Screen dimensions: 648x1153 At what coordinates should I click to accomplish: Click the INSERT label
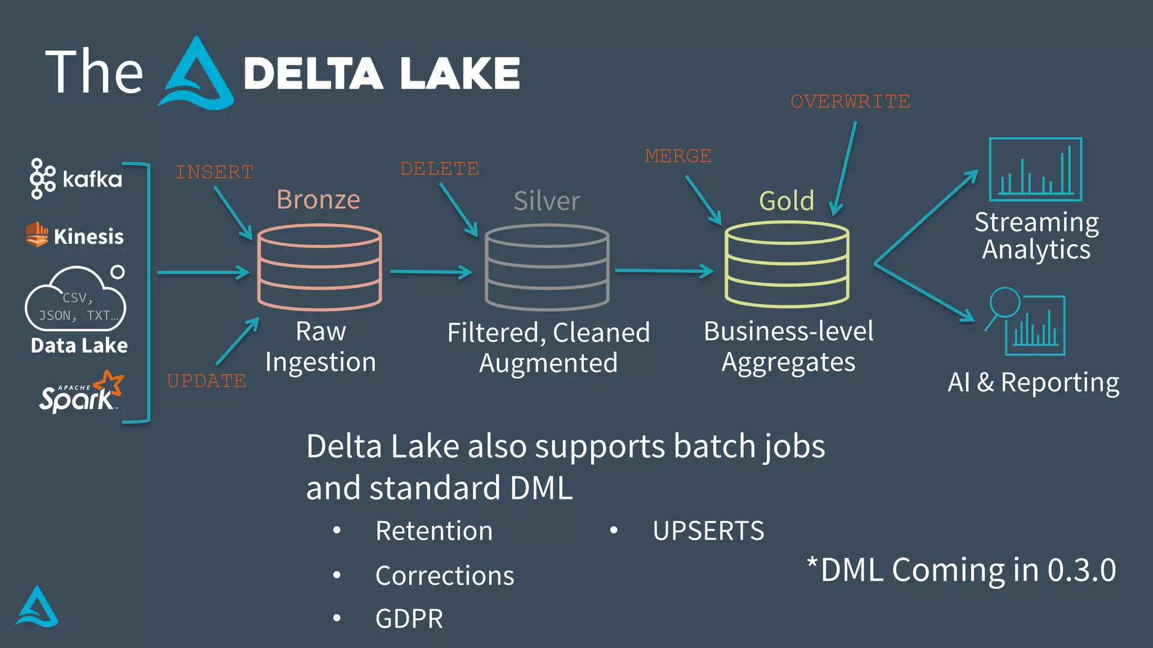coord(214,172)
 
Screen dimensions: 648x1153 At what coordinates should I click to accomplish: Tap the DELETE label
coord(439,169)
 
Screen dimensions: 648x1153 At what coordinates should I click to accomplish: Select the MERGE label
coord(678,156)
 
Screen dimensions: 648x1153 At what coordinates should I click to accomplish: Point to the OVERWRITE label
coord(850,102)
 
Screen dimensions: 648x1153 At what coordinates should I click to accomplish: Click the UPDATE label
coord(207,381)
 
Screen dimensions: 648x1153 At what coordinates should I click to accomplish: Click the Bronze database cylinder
coord(320,267)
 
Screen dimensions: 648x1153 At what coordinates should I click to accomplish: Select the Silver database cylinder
coord(547,267)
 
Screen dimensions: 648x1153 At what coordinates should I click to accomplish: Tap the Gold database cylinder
coord(786,264)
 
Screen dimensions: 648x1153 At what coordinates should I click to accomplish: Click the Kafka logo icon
coord(42,179)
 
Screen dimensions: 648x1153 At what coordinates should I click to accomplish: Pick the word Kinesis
coord(88,237)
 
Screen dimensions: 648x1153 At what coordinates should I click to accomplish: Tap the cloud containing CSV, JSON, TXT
coord(75,301)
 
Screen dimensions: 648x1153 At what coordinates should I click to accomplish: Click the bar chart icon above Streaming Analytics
coord(1035,169)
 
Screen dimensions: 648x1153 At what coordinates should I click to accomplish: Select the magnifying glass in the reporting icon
coord(1005,303)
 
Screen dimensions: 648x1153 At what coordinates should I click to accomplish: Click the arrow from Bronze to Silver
coord(431,272)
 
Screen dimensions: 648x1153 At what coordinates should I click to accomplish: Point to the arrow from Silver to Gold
coord(664,271)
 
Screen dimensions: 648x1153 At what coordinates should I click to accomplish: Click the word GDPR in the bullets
coord(409,619)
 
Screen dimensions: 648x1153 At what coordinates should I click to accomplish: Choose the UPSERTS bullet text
coord(708,531)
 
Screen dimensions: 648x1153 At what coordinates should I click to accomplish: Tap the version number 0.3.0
coord(1082,570)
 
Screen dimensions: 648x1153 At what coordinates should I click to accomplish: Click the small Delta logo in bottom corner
coord(37,607)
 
